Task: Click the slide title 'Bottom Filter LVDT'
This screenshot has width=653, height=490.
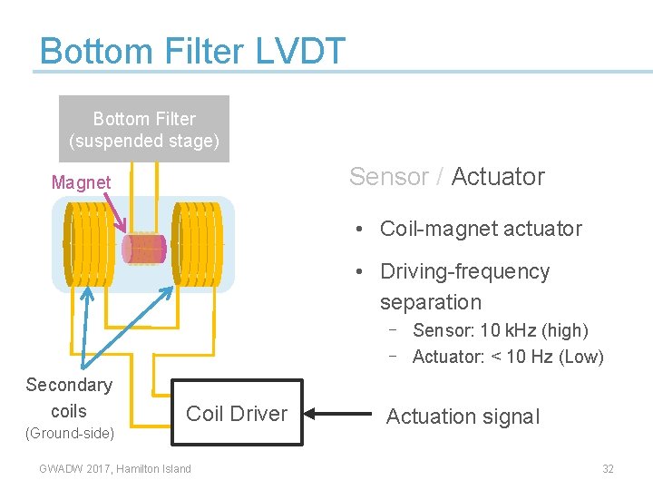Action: click(192, 51)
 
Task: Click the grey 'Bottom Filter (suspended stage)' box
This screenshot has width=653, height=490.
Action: click(144, 130)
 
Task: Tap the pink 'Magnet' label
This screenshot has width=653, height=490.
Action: click(81, 182)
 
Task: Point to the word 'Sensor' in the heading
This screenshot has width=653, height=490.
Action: click(388, 177)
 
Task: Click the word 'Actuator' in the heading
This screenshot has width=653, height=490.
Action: click(498, 177)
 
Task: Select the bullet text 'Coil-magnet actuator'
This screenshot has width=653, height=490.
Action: click(481, 229)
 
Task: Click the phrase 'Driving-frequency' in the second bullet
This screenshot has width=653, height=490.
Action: click(464, 272)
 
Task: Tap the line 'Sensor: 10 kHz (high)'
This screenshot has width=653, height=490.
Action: click(500, 330)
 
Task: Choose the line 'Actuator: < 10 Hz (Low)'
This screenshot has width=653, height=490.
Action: click(507, 357)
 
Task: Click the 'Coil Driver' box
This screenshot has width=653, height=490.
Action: click(236, 414)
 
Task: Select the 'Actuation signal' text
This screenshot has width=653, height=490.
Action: click(463, 416)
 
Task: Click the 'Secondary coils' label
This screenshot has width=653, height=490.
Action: click(69, 397)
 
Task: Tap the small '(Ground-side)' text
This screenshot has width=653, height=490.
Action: click(69, 434)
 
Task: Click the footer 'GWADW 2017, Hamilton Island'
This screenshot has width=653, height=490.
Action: click(115, 469)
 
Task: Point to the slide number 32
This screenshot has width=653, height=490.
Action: click(608, 469)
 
